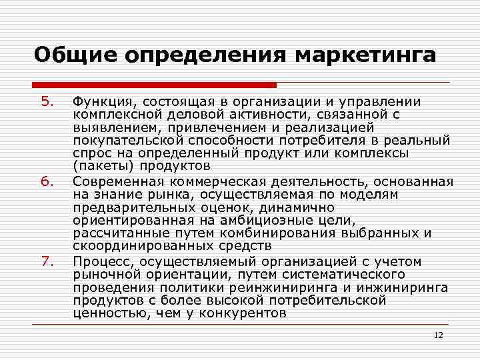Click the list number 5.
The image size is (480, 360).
tap(46, 102)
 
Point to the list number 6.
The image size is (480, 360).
tap(46, 181)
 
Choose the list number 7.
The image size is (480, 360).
tap(46, 261)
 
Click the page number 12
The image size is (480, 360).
tap(438, 335)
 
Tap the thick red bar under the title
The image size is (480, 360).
tap(154, 85)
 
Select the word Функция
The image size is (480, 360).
tap(100, 102)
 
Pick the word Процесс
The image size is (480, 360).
tap(99, 261)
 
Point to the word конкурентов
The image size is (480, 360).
tap(247, 313)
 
